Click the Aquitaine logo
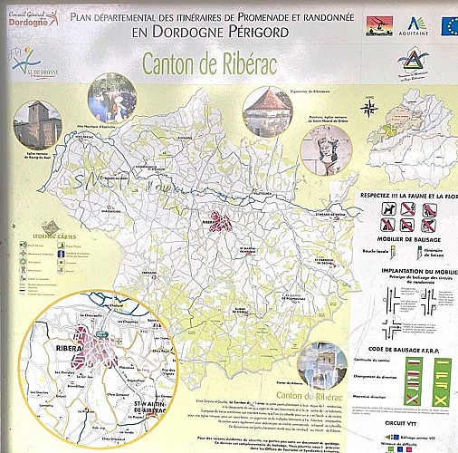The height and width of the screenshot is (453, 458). point(416,25)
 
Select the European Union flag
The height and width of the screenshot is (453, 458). point(448,24)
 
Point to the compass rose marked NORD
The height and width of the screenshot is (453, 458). point(369,109)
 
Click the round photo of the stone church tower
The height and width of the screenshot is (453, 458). point(36,125)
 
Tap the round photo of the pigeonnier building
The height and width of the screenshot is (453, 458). point(268,111)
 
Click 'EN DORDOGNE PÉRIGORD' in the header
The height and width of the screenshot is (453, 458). point(209,32)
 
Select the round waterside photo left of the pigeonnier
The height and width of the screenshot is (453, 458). point(112,98)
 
